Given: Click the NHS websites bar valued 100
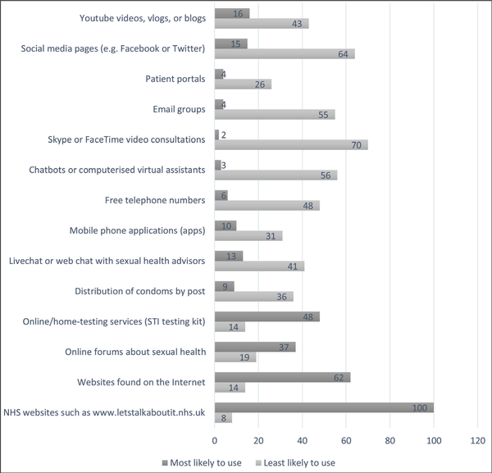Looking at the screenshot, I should click(324, 407).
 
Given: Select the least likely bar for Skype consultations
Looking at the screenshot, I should click(291, 145).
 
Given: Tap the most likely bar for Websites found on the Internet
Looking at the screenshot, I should click(282, 377).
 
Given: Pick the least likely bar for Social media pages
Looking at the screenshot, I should click(285, 54).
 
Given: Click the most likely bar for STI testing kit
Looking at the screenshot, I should click(266, 316).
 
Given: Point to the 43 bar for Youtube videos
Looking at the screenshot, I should click(262, 24).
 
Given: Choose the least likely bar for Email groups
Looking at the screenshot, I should click(275, 115).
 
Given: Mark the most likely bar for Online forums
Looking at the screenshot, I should click(255, 347).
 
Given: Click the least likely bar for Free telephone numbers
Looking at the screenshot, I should click(267, 206).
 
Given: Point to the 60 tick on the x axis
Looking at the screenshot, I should click(346, 439).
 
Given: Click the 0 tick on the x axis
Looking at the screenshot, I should click(215, 439).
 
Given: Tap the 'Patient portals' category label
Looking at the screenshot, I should click(170, 80).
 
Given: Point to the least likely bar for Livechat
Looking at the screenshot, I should click(259, 266).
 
